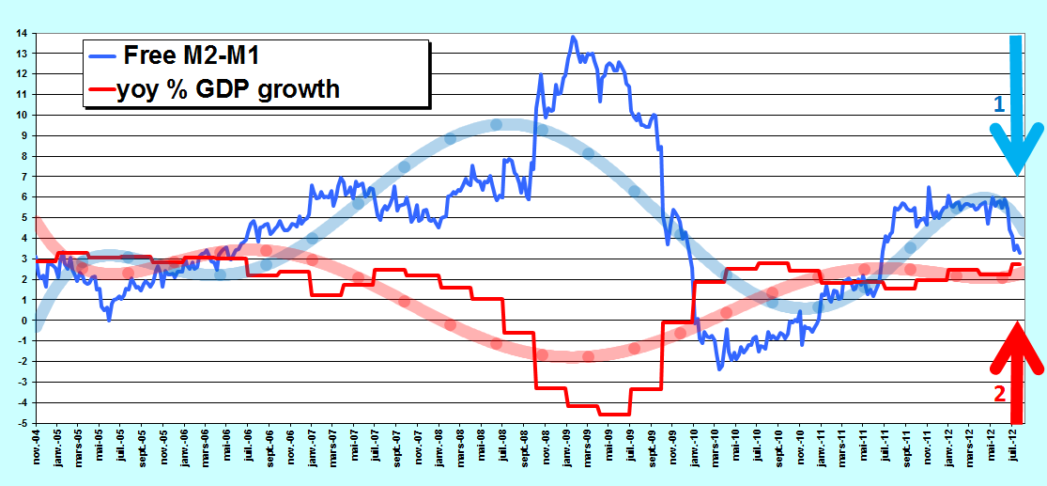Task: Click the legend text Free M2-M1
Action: [191, 56]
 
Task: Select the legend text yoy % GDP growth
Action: [227, 88]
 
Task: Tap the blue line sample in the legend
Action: [101, 56]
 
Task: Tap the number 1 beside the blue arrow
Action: [999, 104]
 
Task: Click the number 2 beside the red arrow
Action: [1000, 395]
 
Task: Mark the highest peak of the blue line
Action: [573, 37]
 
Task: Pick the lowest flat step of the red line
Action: [614, 415]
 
